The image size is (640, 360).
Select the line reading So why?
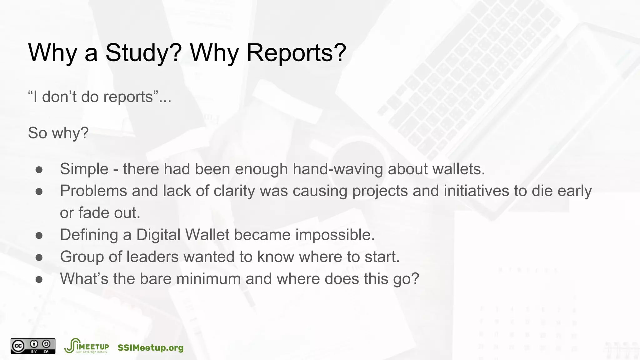pyautogui.click(x=58, y=133)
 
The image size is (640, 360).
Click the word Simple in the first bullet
pyautogui.click(x=84, y=169)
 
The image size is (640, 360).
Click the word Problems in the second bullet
pyautogui.click(x=93, y=191)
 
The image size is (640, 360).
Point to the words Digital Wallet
pyautogui.click(x=183, y=235)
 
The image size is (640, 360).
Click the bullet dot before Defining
pyautogui.click(x=39, y=235)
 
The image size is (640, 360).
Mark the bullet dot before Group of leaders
pyautogui.click(x=39, y=257)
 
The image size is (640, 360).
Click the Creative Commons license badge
pyautogui.click(x=33, y=346)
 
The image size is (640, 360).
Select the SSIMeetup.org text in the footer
pyautogui.click(x=151, y=348)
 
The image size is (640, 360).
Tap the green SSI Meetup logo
pyautogui.click(x=87, y=346)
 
